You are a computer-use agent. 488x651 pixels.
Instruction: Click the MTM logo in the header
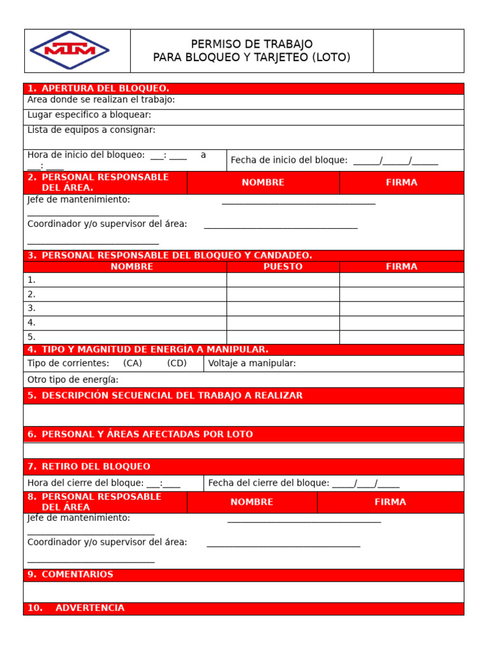click(69, 50)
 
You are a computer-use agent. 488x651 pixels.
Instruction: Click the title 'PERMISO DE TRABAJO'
click(252, 44)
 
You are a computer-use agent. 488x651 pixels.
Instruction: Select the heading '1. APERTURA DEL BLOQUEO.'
click(98, 88)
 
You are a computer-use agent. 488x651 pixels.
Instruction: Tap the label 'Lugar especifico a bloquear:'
click(89, 115)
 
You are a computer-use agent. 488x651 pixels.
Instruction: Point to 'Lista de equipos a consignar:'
click(91, 130)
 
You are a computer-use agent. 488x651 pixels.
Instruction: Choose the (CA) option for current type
click(133, 364)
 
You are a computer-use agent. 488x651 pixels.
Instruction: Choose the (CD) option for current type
click(177, 364)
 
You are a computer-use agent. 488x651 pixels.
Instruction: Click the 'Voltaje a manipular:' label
click(252, 364)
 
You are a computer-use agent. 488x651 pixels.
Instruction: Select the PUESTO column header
click(283, 267)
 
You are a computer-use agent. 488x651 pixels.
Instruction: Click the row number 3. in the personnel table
click(32, 308)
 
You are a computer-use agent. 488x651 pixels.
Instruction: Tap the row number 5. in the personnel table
click(32, 337)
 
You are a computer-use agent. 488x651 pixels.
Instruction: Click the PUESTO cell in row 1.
click(283, 280)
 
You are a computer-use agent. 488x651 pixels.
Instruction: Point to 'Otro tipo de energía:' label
click(73, 380)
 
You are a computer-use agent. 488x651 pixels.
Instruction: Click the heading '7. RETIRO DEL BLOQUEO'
click(89, 467)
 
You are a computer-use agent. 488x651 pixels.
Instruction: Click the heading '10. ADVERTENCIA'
click(76, 608)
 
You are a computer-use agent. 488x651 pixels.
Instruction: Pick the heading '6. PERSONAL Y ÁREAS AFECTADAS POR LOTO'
click(140, 434)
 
